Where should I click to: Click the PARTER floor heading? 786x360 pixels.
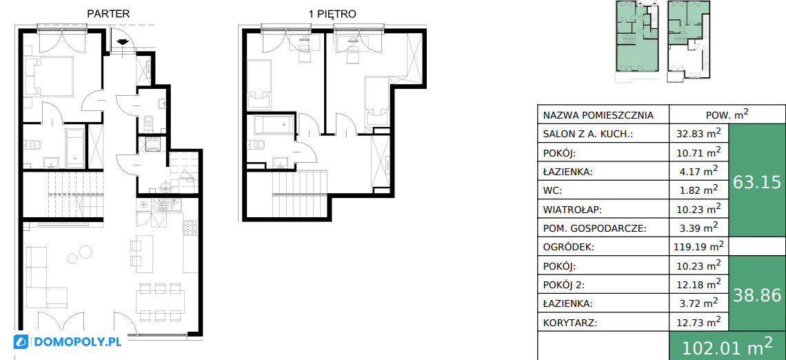pos(108,14)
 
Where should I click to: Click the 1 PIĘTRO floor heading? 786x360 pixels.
pos(332,14)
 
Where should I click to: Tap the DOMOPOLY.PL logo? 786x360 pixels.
pos(68,342)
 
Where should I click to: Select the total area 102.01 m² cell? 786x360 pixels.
pos(727,346)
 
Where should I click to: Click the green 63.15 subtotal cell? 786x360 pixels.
pos(757,182)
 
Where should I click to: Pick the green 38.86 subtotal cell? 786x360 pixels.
pos(757,295)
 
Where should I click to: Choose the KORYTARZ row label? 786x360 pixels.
pos(570,322)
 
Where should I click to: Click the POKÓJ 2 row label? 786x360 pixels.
pos(564,285)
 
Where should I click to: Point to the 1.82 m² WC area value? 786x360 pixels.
pos(698,190)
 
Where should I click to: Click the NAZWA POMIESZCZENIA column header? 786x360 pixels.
pos(598,115)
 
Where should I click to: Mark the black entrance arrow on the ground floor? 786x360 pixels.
pos(122,42)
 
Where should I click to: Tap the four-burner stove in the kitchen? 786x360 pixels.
pos(191,228)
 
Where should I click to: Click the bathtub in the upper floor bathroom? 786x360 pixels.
pos(274,125)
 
